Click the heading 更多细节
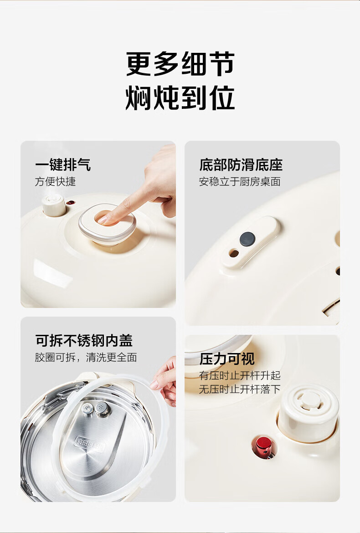pos(180,64)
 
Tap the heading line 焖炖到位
pos(180,97)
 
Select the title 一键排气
pos(63,164)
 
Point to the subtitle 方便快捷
pos(55,181)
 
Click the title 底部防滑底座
pos(241,165)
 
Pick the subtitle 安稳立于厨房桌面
pos(240,182)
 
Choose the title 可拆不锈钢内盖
pos(84,340)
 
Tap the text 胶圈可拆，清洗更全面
pos(86,357)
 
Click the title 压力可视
pos(227,359)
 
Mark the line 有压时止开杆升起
pos(240,376)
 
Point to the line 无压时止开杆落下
pos(240,389)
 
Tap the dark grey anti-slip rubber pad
pos(247,239)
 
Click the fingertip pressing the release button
pos(104,219)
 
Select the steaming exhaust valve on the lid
pos(54,205)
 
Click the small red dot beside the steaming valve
pos(70,203)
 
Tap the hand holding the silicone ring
pos(165,381)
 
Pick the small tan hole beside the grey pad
pos(234,253)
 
